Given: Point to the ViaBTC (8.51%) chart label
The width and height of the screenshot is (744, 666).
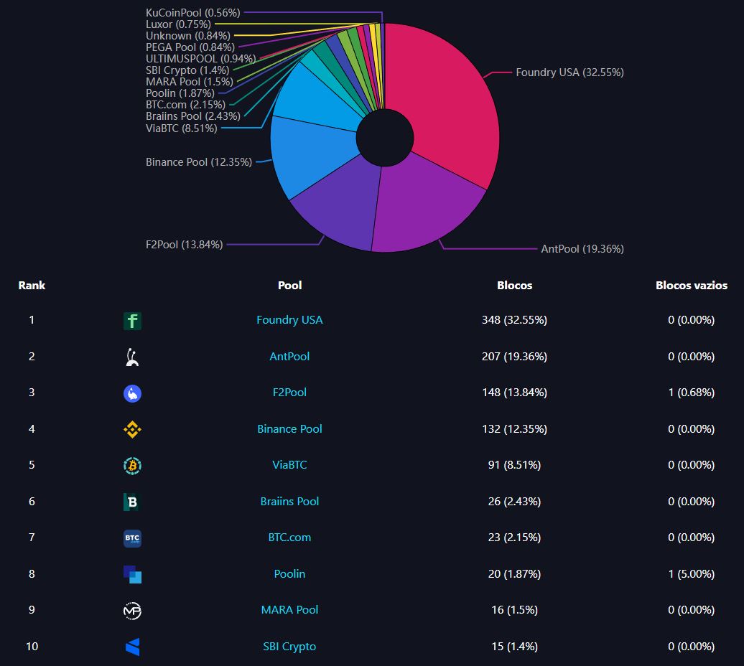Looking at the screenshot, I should (181, 128).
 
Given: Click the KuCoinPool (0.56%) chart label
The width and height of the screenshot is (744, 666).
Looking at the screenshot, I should (192, 13).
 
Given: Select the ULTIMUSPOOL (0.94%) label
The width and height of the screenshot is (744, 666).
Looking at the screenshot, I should (200, 59).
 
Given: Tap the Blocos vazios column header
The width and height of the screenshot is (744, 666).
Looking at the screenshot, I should (691, 286).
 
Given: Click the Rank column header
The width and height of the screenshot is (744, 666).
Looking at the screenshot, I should (32, 286).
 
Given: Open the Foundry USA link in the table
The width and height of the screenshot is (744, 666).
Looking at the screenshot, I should (289, 320).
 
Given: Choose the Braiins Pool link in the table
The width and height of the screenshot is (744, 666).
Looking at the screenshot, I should (289, 502).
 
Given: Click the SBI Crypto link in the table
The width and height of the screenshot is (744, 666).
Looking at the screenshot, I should (289, 647).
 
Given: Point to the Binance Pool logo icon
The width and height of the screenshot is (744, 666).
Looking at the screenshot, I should (132, 429).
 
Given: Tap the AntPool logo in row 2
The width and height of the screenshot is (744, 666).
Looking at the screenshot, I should (132, 357).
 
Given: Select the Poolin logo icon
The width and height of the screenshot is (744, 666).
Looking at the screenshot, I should (132, 574).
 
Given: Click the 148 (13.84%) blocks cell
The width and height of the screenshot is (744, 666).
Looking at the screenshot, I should (514, 393).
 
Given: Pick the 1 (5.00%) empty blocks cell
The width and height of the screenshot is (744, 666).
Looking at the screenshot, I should (691, 574).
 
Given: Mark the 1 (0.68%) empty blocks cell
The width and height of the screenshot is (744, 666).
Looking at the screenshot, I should (691, 393).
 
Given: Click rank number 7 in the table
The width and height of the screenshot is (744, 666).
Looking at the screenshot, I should (32, 538).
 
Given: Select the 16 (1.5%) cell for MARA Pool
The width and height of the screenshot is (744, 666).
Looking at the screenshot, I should (514, 610).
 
